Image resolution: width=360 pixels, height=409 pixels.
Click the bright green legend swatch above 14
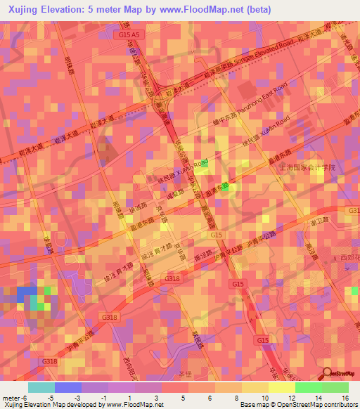click(308, 387)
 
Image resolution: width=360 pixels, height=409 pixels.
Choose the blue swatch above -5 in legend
click(68, 387)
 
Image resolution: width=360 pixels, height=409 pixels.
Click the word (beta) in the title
click(274, 9)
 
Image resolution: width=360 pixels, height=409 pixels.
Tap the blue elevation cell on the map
click(27, 292)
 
